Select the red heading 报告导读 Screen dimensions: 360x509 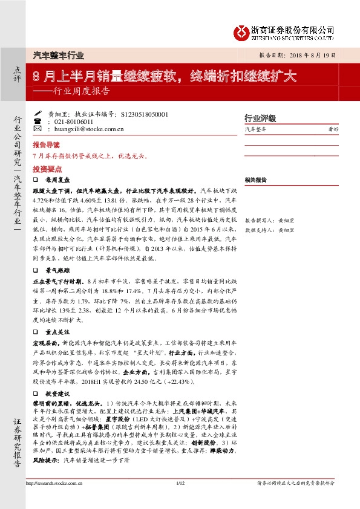click(x=47, y=145)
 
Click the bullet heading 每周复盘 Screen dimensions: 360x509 click(x=57, y=180)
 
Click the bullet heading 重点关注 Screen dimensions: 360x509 click(x=57, y=314)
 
